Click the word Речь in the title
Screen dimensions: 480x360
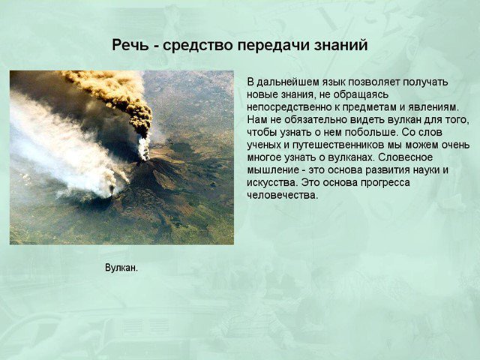point(130,45)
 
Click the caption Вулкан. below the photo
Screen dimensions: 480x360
point(121,268)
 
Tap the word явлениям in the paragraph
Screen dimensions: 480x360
point(432,108)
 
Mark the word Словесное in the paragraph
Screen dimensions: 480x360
point(405,157)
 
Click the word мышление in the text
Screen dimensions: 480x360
point(273,170)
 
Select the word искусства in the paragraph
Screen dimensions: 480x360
point(272,183)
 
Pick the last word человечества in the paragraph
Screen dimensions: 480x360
point(283,195)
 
